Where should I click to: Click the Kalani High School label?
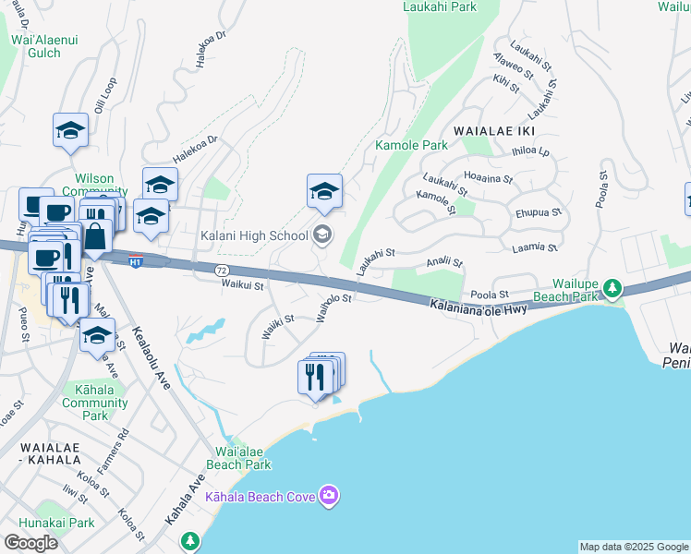click(x=254, y=235)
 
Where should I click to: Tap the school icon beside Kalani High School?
click(x=321, y=235)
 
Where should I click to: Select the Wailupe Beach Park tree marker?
click(x=612, y=290)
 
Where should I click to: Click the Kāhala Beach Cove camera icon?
click(x=329, y=497)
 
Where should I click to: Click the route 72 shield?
click(x=221, y=270)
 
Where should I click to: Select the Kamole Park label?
click(x=411, y=145)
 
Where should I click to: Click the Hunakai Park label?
click(x=68, y=523)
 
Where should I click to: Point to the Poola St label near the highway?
click(x=490, y=295)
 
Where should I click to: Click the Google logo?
click(x=30, y=543)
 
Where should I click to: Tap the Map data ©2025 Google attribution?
click(x=634, y=547)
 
